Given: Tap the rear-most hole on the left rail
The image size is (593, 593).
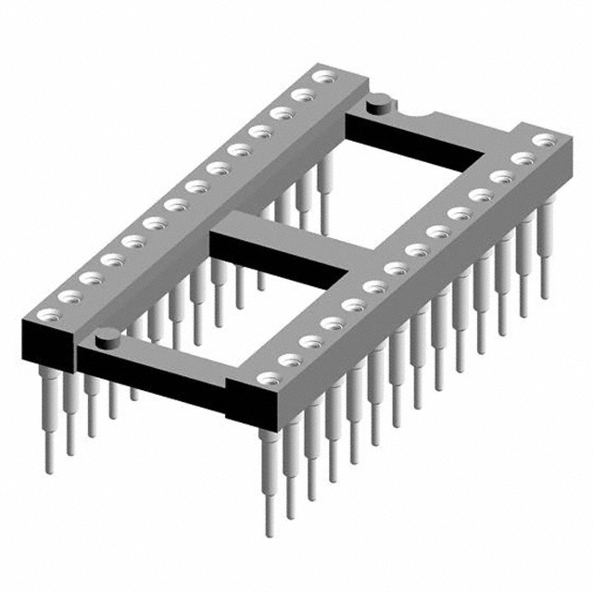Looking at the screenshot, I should pos(323,77).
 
